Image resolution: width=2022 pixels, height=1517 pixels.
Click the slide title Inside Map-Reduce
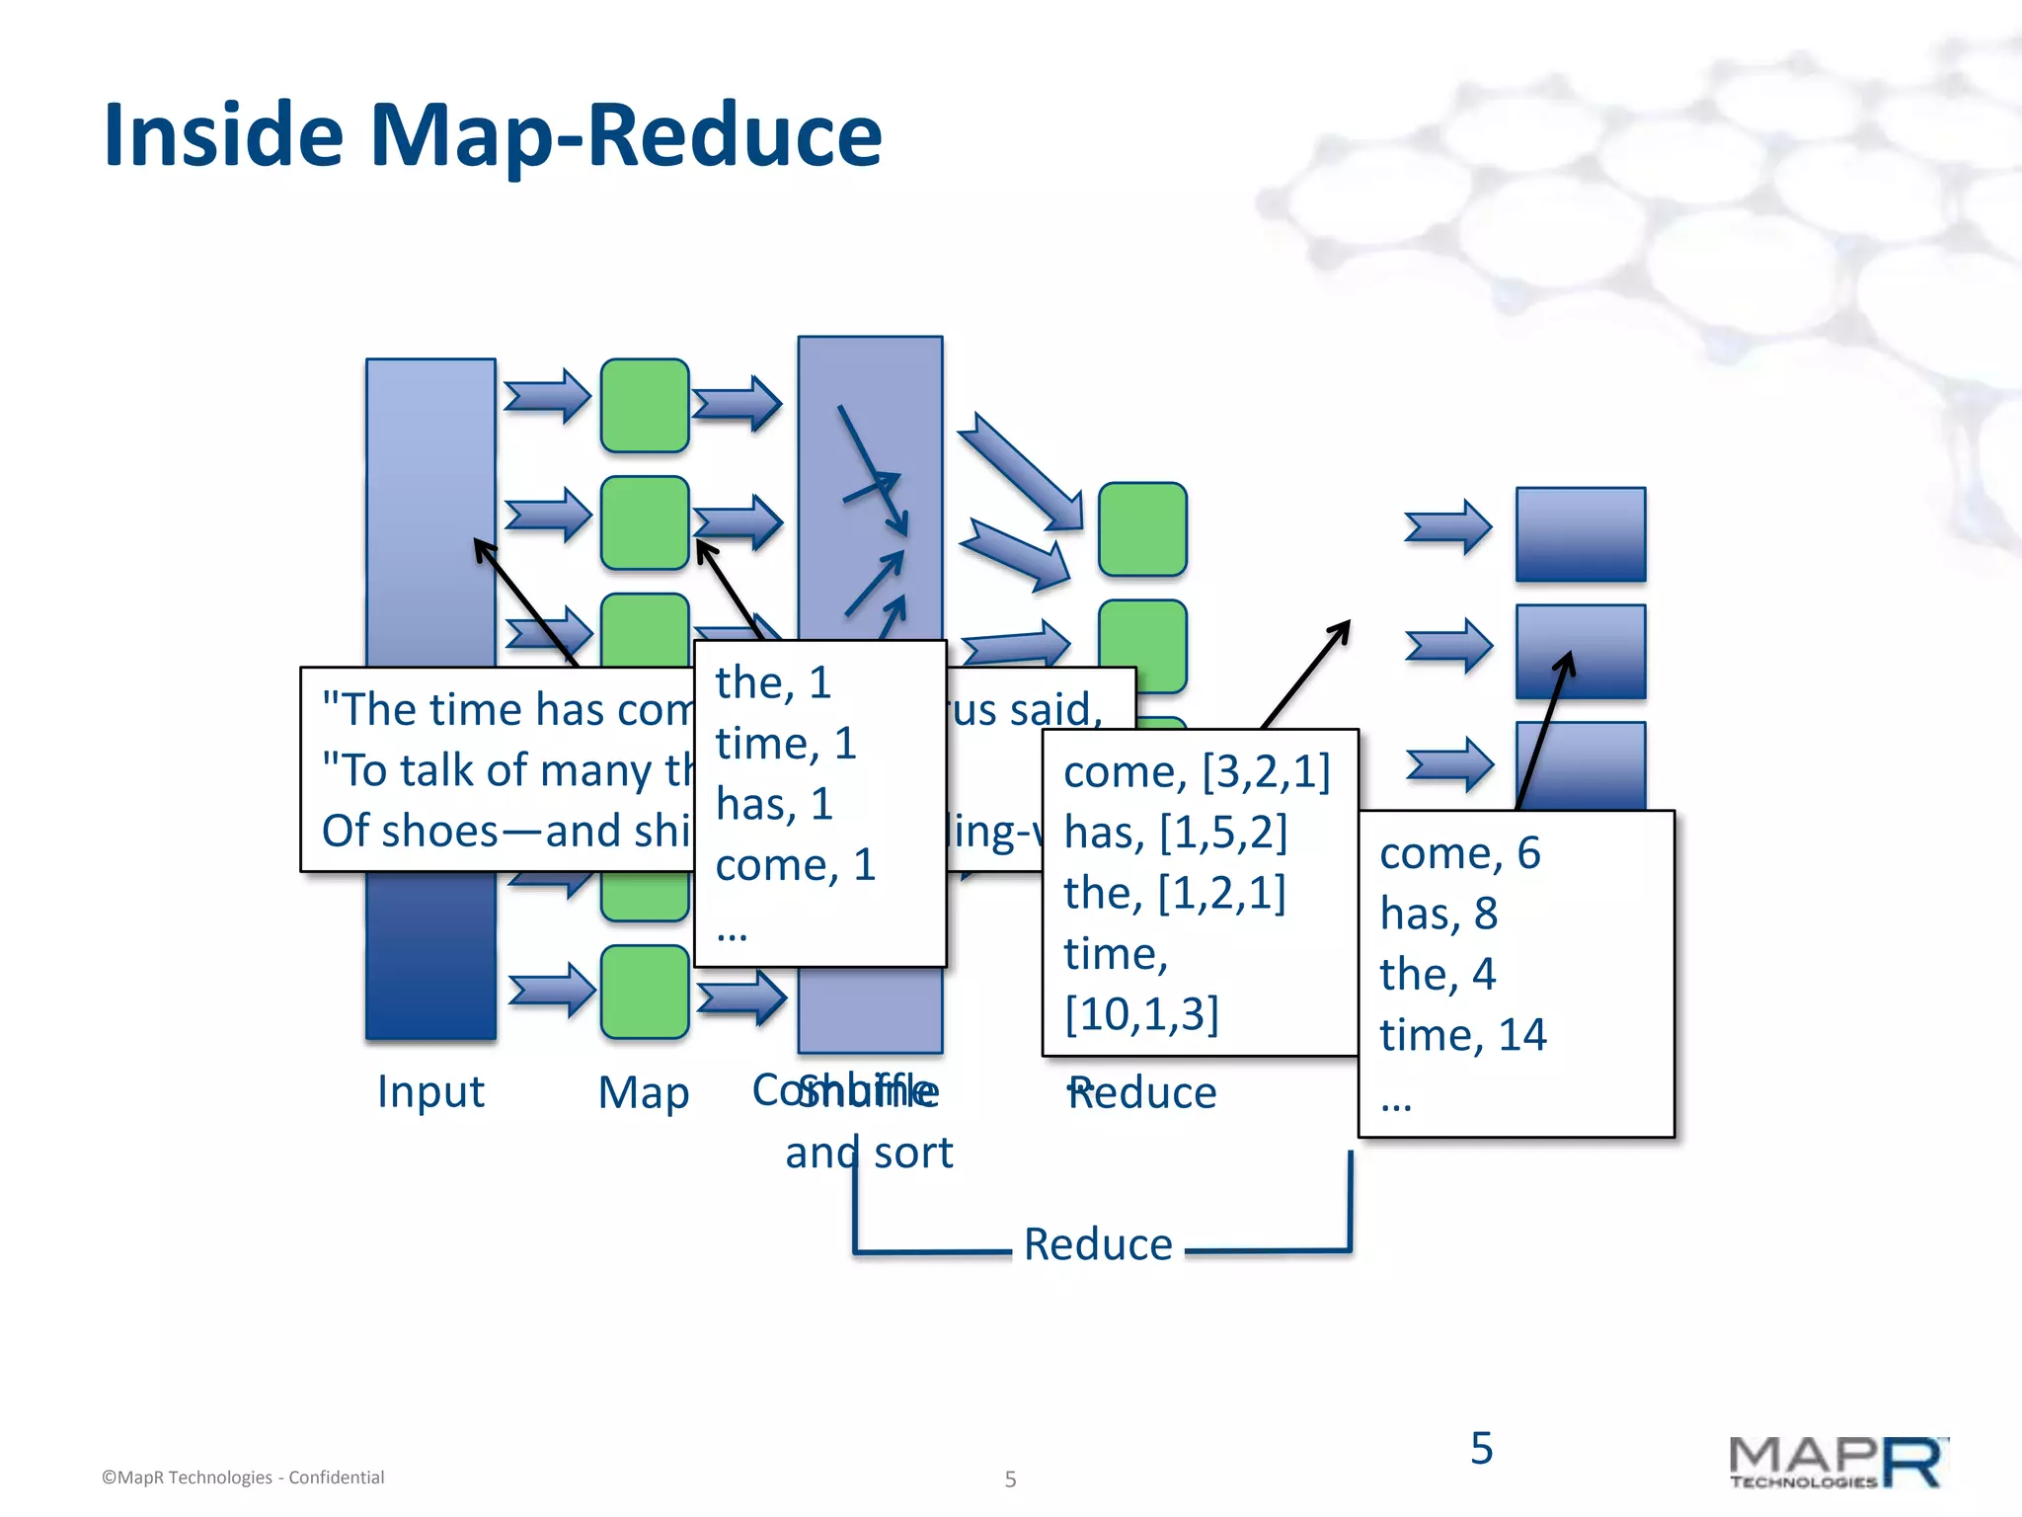click(492, 135)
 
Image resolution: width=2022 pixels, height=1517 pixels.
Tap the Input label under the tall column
click(430, 1091)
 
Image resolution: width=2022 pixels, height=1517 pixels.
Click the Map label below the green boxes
click(644, 1093)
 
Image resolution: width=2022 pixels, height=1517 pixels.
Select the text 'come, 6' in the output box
click(1459, 853)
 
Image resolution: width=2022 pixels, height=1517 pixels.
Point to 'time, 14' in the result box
click(1462, 1035)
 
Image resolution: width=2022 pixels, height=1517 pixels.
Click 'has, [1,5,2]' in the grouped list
click(1175, 833)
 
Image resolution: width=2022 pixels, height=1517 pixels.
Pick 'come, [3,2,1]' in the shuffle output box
click(1197, 771)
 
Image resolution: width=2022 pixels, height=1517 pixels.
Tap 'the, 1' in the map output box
click(773, 682)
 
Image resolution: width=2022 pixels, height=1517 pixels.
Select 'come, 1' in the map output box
click(795, 865)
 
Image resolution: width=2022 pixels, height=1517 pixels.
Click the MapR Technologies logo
click(1836, 1463)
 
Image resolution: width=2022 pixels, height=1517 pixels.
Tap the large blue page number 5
click(1481, 1448)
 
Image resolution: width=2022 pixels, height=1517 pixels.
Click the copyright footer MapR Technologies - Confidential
click(243, 1477)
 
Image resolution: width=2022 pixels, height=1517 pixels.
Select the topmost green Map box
click(645, 405)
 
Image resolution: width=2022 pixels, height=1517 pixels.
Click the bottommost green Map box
click(645, 992)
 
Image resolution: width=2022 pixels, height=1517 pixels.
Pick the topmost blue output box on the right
click(1580, 534)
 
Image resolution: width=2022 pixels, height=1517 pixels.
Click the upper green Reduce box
click(1142, 529)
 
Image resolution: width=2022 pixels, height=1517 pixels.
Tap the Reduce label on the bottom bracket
click(1098, 1244)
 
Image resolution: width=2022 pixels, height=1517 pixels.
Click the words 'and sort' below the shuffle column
click(869, 1153)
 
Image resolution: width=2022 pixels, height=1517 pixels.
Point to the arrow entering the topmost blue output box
click(1447, 527)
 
